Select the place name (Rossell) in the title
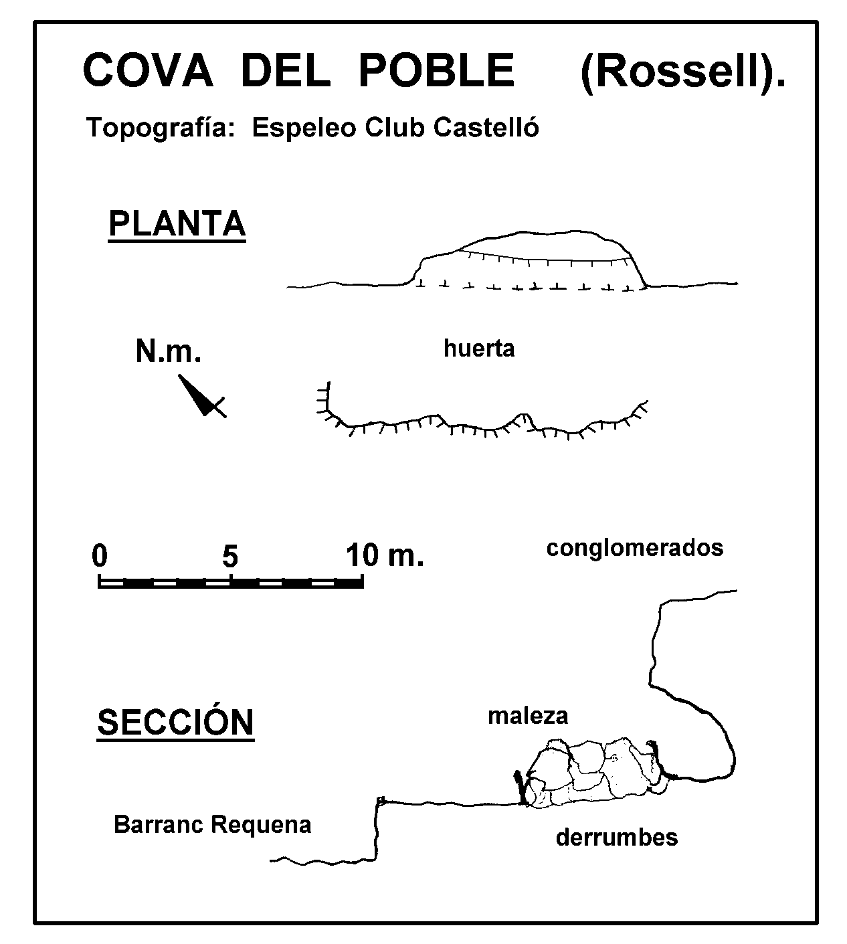pos(683,73)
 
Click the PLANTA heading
pos(177,224)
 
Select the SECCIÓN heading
pos(176,722)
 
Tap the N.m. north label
pos(168,351)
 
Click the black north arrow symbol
pos(202,395)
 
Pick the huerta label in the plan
pos(479,349)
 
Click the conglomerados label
pos(635,549)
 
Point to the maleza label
pos(528,716)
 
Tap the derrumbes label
pos(617,838)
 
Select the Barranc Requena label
pos(213,825)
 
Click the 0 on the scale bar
pos(100,555)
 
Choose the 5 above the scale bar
pos(230,556)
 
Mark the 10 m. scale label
pos(385,555)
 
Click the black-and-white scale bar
pos(231,581)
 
